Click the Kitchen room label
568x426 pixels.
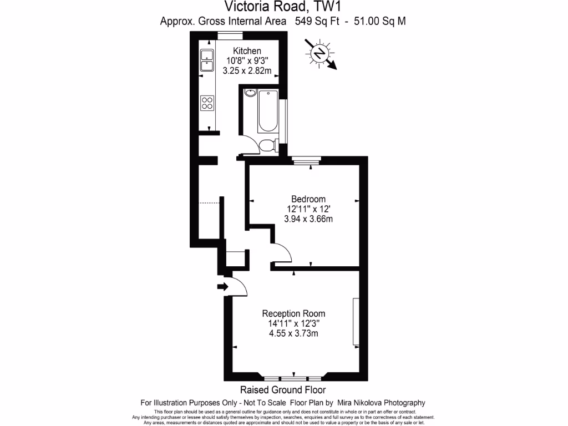pos(247,50)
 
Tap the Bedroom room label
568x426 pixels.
pos(308,199)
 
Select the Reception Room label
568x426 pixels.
pos(293,313)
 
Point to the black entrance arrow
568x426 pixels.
pos(222,287)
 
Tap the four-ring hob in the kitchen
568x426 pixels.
pos(207,103)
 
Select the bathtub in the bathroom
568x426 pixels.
pos(268,110)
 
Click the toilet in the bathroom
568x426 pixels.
pos(268,145)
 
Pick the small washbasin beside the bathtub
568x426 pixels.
pos(250,93)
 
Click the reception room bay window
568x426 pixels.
pos(293,379)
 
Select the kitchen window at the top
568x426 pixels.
pos(226,35)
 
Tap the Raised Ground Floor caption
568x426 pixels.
pos(282,389)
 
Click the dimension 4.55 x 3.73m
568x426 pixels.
pos(293,333)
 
